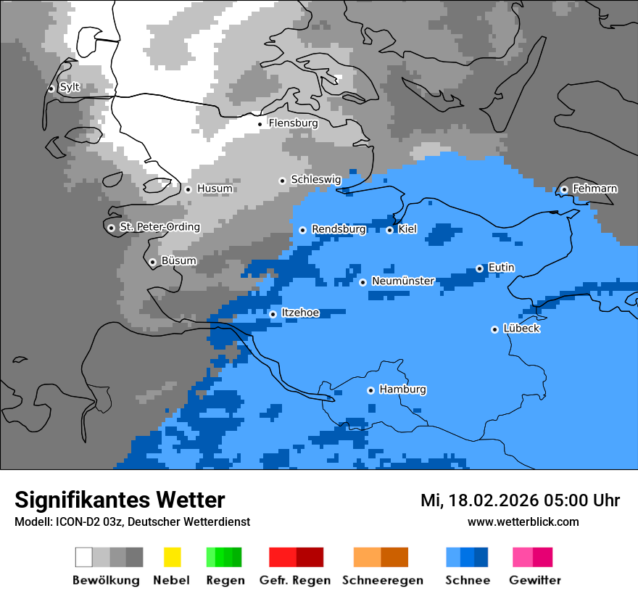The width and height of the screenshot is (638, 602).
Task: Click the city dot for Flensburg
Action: pos(260,124)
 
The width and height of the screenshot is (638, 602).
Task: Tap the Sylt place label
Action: pos(70,87)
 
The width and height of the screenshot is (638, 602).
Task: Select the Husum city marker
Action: pos(188,189)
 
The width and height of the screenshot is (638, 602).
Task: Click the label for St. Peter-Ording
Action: pos(159,227)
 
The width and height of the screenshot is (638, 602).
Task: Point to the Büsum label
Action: pos(178,261)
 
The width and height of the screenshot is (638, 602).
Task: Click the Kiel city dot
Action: pos(389,230)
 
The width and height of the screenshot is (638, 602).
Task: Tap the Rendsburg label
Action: pos(339,229)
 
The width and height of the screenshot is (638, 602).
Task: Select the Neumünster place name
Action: pos(402,281)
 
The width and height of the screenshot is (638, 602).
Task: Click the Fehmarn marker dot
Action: pos(564,189)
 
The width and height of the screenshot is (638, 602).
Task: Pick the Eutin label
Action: pos(501,268)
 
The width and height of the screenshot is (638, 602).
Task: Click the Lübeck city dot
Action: pos(494,329)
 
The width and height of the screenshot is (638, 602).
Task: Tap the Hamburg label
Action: pos(402,389)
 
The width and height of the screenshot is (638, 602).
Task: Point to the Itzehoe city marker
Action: pos(273,314)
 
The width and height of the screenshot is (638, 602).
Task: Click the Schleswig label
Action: pos(315,179)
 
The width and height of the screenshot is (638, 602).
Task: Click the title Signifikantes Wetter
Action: pos(120,500)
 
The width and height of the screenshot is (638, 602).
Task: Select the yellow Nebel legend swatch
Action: pos(172,557)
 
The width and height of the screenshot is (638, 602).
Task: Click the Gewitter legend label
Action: pos(534,580)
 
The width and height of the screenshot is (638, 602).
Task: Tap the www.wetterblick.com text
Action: pos(523,521)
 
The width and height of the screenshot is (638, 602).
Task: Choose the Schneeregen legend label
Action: pos(382,580)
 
